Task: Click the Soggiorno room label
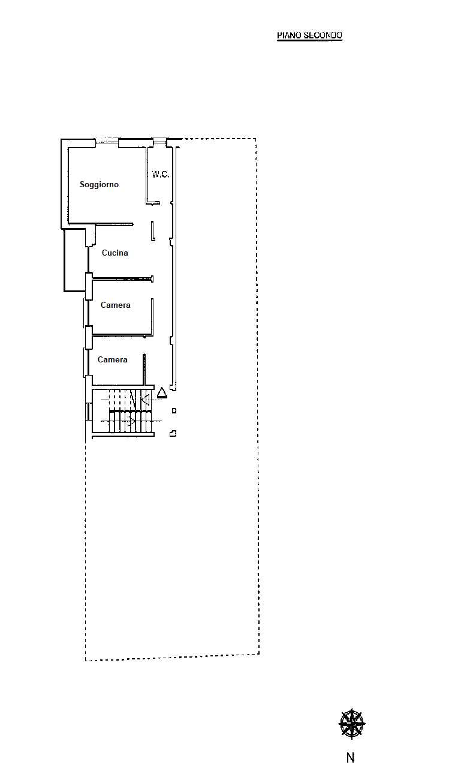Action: (99, 184)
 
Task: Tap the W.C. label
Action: (160, 175)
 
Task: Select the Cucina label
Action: (115, 253)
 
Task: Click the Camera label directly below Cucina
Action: (115, 305)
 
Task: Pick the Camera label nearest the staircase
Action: (112, 359)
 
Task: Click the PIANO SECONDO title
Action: (309, 35)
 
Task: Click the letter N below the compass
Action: (351, 757)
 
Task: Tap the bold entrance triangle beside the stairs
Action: (162, 393)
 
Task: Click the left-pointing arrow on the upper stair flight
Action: (146, 399)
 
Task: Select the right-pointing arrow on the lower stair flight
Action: (131, 421)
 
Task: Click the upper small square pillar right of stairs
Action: (174, 411)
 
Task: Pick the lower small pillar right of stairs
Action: (173, 434)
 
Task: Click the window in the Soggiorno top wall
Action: (107, 140)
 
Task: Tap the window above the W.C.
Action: (159, 140)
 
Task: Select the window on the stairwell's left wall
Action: (88, 412)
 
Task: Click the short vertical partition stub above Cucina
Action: (153, 231)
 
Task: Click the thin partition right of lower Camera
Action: (144, 370)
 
